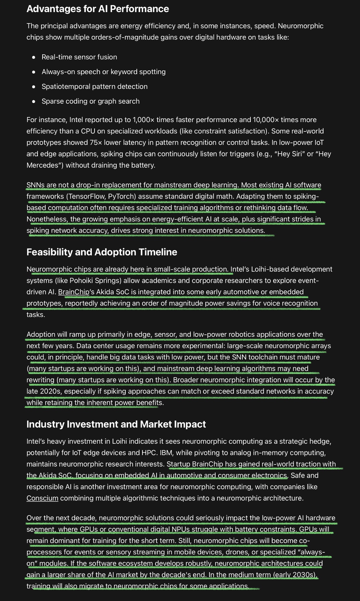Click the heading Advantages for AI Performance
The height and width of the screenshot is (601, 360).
point(98,9)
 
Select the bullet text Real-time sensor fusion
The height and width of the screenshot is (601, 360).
point(79,57)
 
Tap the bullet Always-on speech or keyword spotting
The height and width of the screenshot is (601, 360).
point(103,72)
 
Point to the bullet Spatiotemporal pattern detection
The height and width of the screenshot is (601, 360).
point(94,87)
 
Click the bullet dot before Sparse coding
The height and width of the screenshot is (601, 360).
point(34,101)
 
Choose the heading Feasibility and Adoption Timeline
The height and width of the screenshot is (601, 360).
point(102,252)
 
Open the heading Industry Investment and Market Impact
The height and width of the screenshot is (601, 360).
point(116,424)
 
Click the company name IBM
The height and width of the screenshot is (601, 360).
point(166,453)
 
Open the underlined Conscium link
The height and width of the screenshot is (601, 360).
point(42,498)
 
